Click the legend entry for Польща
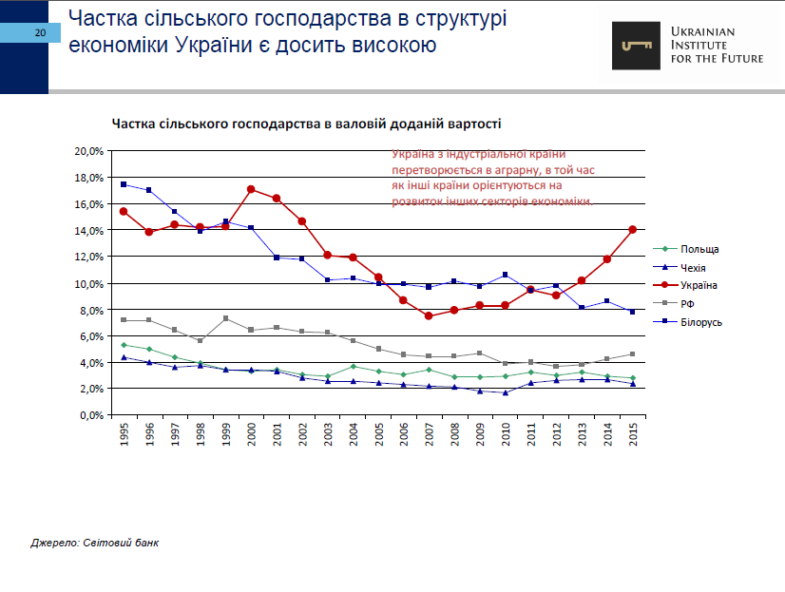(699, 249)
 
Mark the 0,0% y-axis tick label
(91, 415)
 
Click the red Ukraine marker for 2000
(251, 189)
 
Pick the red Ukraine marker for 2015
(632, 230)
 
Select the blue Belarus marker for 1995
(124, 184)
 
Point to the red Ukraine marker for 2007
(429, 315)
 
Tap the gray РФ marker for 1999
(225, 318)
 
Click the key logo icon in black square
(636, 45)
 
